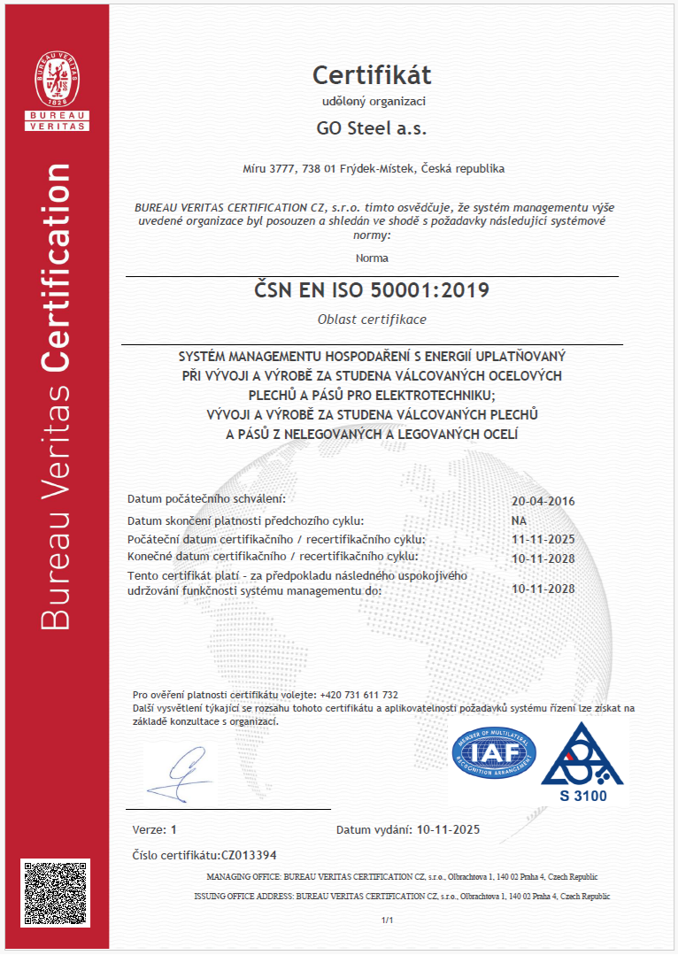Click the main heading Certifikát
click(x=372, y=74)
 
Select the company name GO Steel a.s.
click(x=372, y=128)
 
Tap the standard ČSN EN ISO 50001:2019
click(x=372, y=290)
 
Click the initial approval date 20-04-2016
click(x=543, y=501)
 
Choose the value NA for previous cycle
click(x=519, y=520)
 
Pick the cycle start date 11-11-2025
click(x=543, y=539)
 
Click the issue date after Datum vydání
click(x=447, y=830)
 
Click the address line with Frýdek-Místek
click(x=373, y=168)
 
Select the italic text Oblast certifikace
click(x=372, y=320)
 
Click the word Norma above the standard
click(x=372, y=258)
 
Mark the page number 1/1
click(x=386, y=921)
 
